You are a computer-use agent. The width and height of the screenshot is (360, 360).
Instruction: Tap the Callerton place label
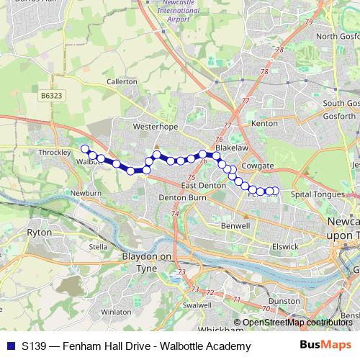122,82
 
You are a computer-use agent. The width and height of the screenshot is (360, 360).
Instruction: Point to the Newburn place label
86,193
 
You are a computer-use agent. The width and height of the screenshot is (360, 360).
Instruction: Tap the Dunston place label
284,300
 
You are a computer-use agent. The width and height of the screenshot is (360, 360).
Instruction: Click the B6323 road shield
51,94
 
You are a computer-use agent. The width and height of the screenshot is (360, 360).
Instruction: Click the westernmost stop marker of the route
84,149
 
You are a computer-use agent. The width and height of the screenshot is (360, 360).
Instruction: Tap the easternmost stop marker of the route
275,191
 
